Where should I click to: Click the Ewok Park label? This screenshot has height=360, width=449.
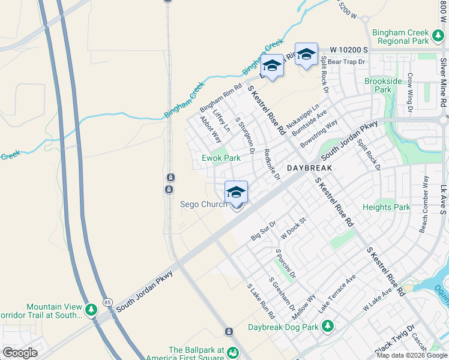tap(221, 158)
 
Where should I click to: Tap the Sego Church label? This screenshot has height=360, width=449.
tap(204, 205)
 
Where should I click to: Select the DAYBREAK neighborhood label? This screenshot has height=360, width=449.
tap(309, 169)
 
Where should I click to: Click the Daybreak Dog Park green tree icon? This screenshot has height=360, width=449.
tap(328, 326)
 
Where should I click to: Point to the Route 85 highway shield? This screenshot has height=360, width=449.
tap(107, 301)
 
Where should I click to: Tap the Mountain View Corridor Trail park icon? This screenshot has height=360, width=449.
tap(91, 310)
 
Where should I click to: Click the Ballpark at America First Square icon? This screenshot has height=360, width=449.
tap(232, 352)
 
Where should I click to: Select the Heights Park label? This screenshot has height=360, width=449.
tap(387, 208)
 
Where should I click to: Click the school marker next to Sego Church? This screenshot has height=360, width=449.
tap(237, 194)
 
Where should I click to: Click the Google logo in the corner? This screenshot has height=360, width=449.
tap(20, 352)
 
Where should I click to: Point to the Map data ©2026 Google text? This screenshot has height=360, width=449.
tap(412, 355)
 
